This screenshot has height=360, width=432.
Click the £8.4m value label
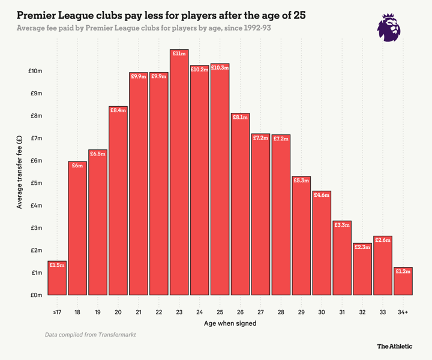point(118,110)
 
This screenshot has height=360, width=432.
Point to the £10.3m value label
point(220,68)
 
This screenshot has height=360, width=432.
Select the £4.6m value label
point(322,195)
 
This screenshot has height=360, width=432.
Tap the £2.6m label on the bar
point(383,240)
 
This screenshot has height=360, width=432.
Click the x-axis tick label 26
point(240,312)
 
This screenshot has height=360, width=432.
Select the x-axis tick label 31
point(342,312)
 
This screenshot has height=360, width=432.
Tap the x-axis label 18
point(77,312)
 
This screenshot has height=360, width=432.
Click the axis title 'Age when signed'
point(230,323)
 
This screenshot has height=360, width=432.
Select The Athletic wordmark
point(394,346)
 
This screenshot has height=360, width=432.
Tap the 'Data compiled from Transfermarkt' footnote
point(90,334)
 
